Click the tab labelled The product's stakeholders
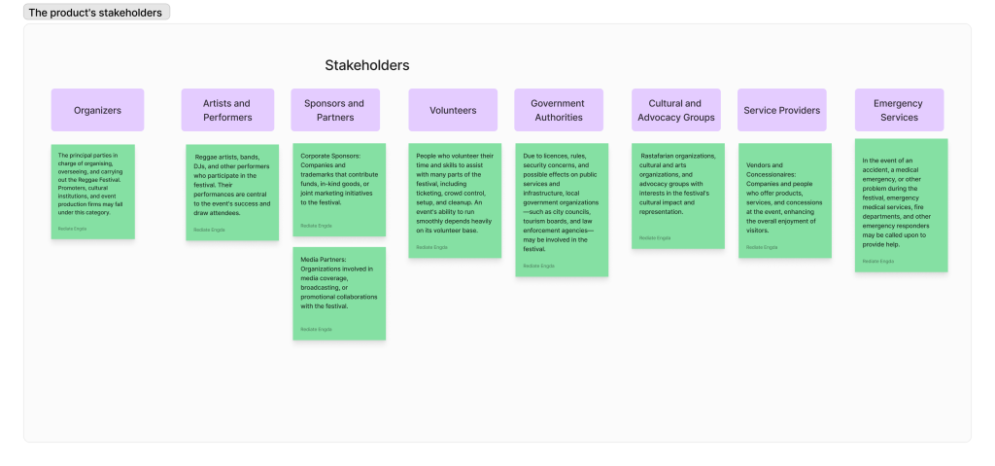pyautogui.click(x=96, y=13)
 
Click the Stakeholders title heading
pyautogui.click(x=366, y=65)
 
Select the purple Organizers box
pyautogui.click(x=97, y=110)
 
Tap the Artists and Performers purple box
pyautogui.click(x=227, y=110)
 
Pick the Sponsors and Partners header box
pyautogui.click(x=334, y=110)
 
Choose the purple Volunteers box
pyautogui.click(x=453, y=110)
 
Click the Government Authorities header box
pyautogui.click(x=558, y=110)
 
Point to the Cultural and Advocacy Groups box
pyautogui.click(x=676, y=110)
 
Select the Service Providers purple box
pyautogui.click(x=781, y=110)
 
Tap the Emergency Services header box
pyautogui.click(x=899, y=110)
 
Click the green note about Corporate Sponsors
pyautogui.click(x=339, y=190)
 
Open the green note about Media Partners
pyautogui.click(x=339, y=293)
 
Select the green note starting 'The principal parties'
pyautogui.click(x=93, y=192)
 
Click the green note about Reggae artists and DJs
pyautogui.click(x=232, y=193)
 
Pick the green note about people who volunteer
pyautogui.click(x=455, y=200)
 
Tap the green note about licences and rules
pyautogui.click(x=562, y=209)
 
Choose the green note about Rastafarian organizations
pyautogui.click(x=677, y=196)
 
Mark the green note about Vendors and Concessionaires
pyautogui.click(x=784, y=200)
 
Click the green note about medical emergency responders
pyautogui.click(x=901, y=205)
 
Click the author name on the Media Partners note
pyautogui.click(x=316, y=329)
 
